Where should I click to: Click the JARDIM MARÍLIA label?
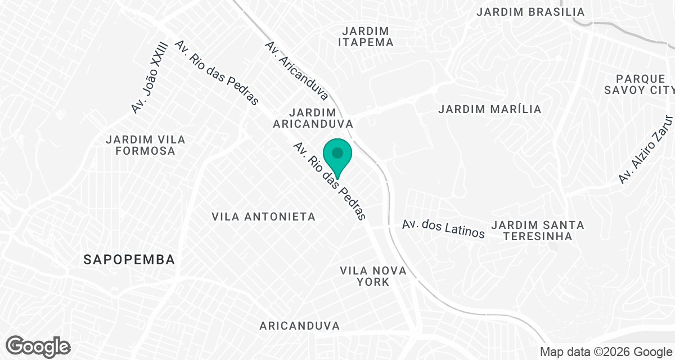click(x=489, y=109)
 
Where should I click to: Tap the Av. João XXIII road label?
click(x=150, y=76)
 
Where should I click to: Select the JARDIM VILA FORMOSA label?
click(x=146, y=145)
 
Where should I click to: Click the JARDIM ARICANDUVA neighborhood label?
click(x=313, y=118)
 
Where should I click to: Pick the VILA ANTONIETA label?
click(x=264, y=217)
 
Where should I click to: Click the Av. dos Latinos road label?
click(x=443, y=228)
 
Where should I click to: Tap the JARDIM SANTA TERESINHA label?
click(x=538, y=231)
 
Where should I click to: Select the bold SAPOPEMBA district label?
click(x=129, y=259)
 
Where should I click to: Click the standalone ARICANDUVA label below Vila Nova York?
click(x=300, y=326)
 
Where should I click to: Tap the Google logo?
click(x=38, y=346)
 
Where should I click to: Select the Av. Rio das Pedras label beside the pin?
click(x=330, y=181)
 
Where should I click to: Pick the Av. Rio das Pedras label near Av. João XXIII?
click(x=217, y=73)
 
